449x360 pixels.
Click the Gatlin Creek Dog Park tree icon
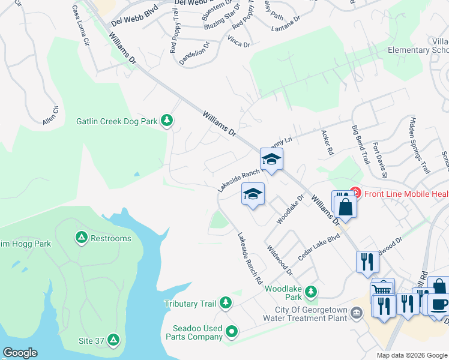pos(167,121)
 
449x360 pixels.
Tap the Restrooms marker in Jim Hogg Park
pos(81,238)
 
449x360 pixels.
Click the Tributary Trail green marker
pos(226,304)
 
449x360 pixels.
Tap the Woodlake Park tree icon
pos(310,292)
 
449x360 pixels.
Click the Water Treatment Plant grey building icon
pos(357,313)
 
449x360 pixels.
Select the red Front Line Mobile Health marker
pos(355,193)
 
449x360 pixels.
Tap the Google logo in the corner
pos(20,353)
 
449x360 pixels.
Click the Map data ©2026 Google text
pos(411,355)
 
